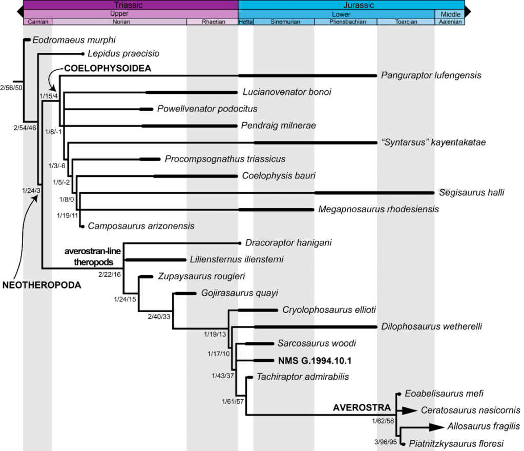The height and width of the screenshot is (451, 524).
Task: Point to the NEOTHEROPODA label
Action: coord(41,285)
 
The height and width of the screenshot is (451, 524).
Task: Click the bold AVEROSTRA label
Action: coord(362,408)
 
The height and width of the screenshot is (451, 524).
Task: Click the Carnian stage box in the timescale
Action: coord(37,22)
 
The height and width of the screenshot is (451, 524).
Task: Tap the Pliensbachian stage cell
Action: coord(345,22)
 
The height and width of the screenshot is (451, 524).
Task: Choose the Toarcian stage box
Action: coord(406,22)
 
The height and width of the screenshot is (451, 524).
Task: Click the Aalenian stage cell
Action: coord(449,22)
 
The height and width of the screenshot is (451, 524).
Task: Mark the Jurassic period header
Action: coord(351,5)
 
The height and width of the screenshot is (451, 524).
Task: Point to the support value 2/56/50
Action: coord(11,88)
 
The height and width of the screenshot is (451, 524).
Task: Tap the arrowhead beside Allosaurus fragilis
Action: coord(436,426)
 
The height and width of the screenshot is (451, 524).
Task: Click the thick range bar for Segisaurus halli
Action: coord(374,193)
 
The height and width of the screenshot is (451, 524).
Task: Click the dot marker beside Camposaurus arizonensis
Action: coord(82,225)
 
